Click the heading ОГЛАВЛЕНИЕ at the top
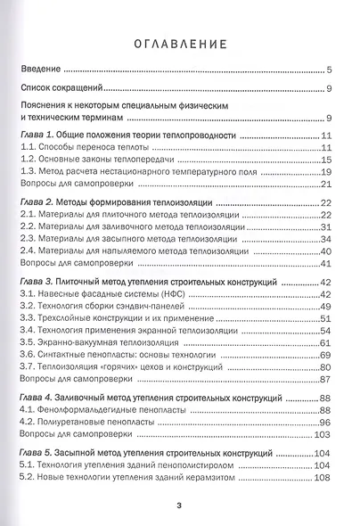tap(179, 42)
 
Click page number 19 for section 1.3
tap(326, 172)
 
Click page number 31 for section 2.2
tap(326, 227)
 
